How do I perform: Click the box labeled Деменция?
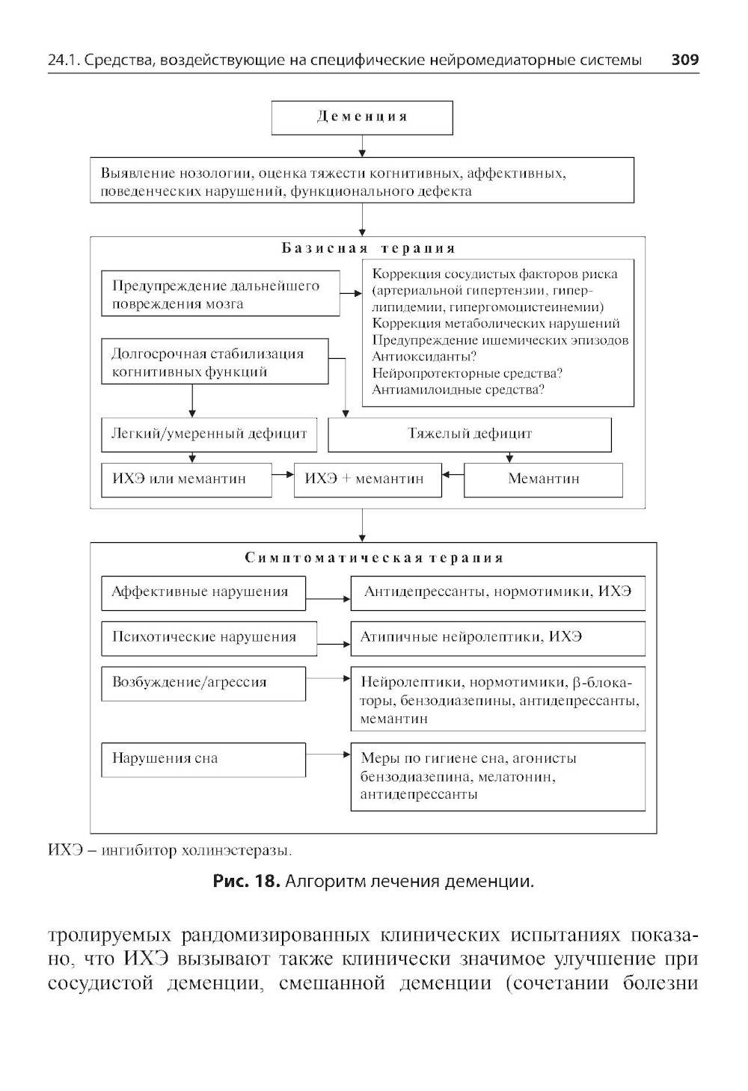[362, 117]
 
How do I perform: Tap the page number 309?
[684, 60]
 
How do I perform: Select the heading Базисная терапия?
[368, 248]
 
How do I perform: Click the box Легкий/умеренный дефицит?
[209, 434]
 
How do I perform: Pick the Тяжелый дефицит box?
[470, 434]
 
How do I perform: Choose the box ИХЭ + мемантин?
[368, 479]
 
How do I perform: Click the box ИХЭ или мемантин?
[186, 479]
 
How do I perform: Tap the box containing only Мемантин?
[543, 479]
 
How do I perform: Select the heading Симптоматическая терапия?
[374, 558]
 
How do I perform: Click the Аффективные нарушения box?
[203, 592]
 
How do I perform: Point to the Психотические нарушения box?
[209, 638]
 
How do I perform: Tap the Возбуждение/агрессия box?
[203, 683]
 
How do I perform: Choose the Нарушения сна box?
[203, 758]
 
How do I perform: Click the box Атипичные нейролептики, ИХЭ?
[497, 638]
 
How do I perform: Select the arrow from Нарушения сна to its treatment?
[328, 755]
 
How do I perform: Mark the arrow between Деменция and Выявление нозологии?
[362, 146]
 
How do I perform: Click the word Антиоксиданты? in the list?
[424, 357]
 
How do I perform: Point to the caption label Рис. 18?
[246, 881]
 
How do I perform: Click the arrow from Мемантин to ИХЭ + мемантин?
[453, 475]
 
